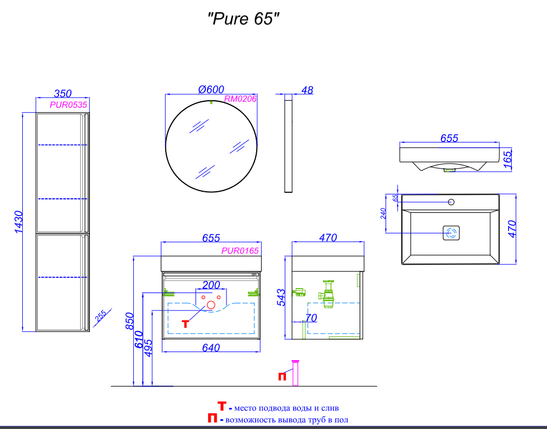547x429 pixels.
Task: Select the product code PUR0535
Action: (x=68, y=105)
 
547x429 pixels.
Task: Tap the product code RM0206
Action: (x=240, y=99)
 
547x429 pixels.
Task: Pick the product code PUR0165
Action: (x=240, y=251)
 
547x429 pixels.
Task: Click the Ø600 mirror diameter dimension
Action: (x=211, y=89)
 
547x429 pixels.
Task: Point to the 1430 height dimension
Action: (x=18, y=222)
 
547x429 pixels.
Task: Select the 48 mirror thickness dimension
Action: (x=307, y=90)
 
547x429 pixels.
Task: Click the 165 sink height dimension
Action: (x=507, y=160)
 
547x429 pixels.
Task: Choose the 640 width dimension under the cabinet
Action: (x=211, y=348)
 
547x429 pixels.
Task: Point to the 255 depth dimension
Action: (x=101, y=316)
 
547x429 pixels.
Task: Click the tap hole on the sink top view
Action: (x=451, y=203)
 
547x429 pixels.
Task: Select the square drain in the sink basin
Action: (x=451, y=233)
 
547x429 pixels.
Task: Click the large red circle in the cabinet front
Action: (x=211, y=307)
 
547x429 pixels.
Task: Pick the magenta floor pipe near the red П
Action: (x=295, y=373)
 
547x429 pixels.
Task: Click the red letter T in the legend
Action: (x=221, y=406)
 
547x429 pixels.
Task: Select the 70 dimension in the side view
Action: (x=311, y=318)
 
